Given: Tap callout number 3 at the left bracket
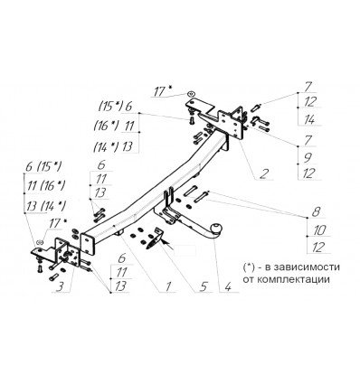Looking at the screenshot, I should (x=61, y=289).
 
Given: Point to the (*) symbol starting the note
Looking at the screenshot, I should (x=250, y=268).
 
